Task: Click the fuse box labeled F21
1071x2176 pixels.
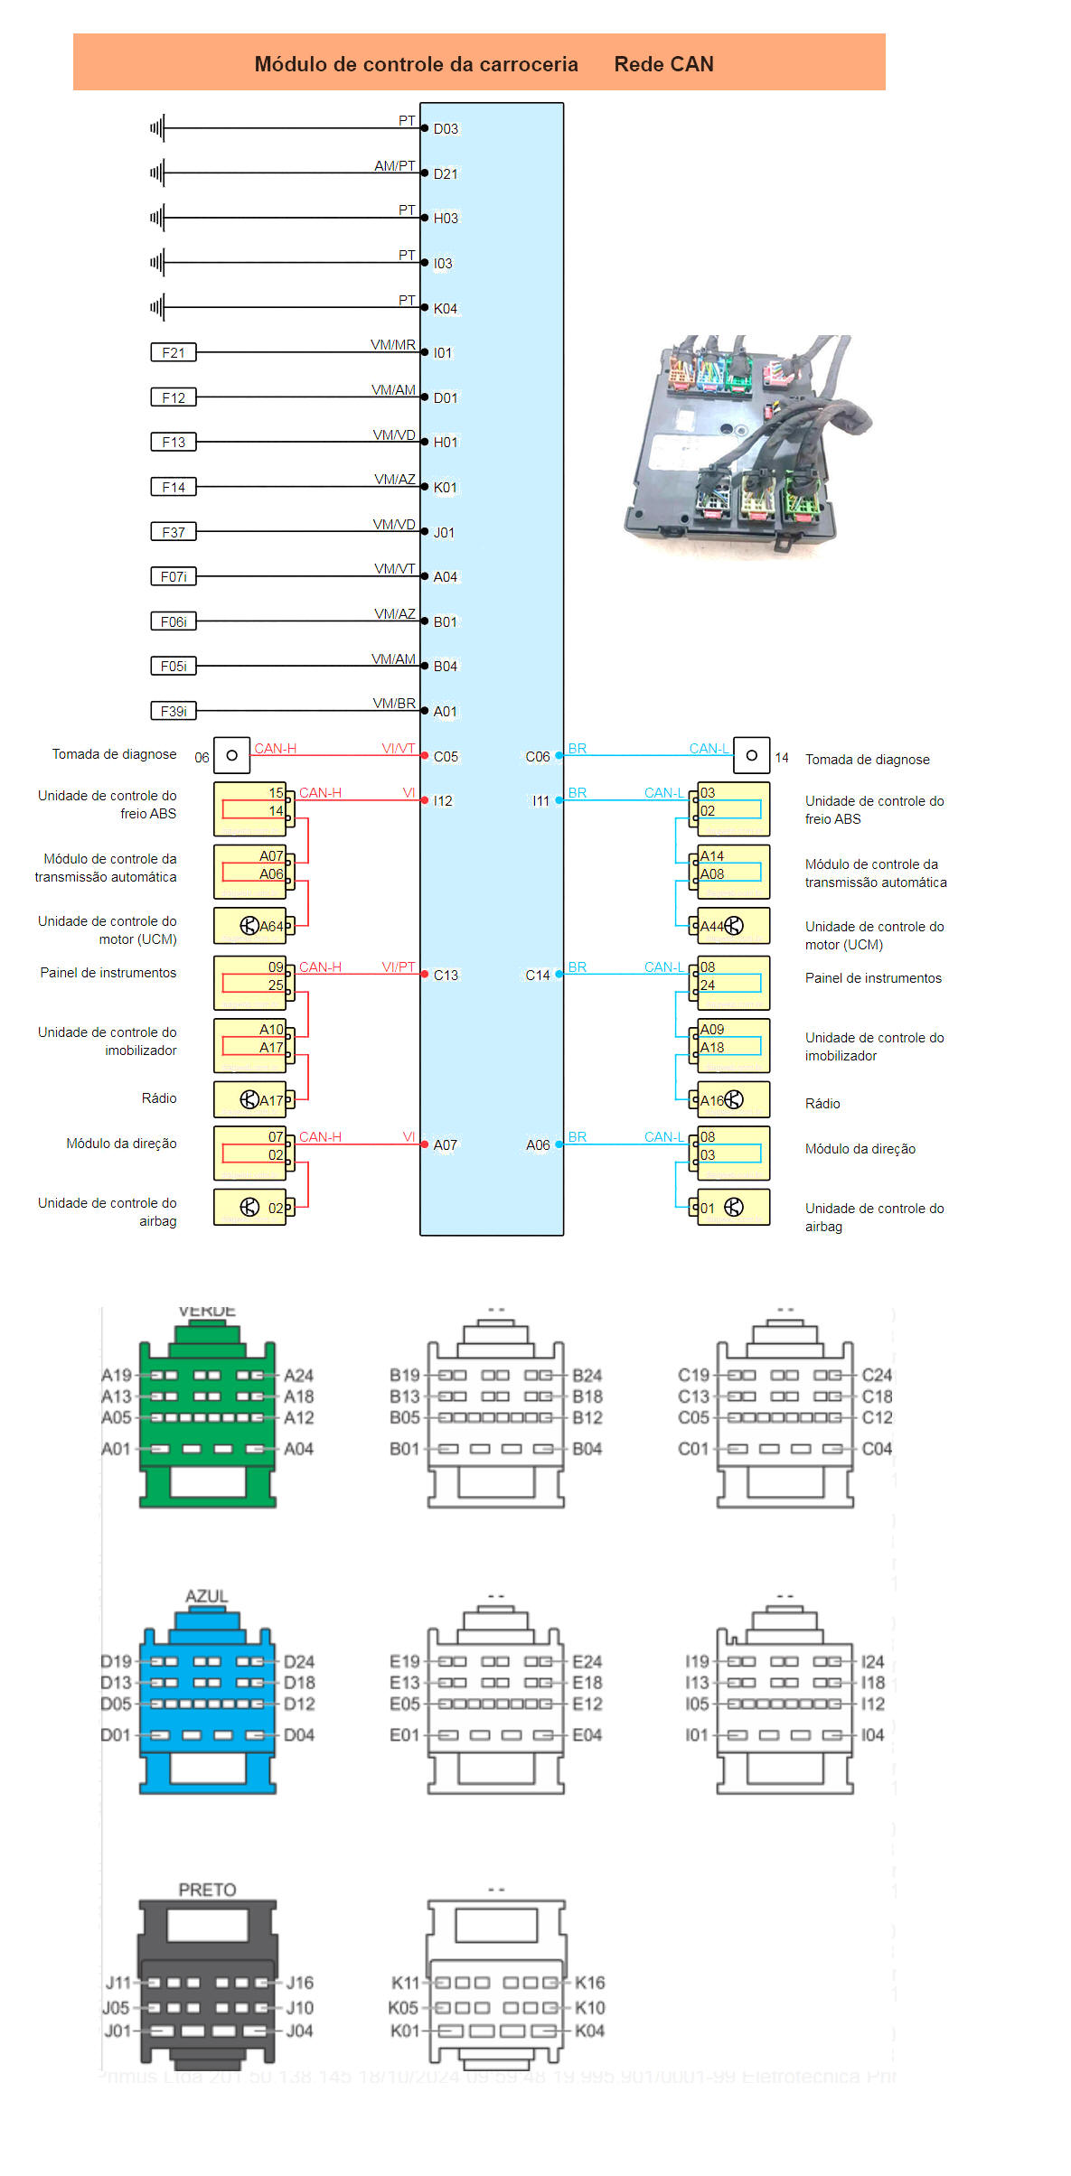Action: (x=173, y=352)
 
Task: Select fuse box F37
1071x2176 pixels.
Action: (x=173, y=532)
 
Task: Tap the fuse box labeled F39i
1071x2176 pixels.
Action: (x=173, y=711)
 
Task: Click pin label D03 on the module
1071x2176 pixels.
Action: (x=446, y=129)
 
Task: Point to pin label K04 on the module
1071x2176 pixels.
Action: (x=446, y=309)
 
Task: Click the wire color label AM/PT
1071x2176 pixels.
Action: (x=395, y=166)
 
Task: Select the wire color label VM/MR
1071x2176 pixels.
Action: (x=393, y=345)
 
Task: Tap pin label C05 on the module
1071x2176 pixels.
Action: (x=446, y=757)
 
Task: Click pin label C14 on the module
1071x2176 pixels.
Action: (x=537, y=976)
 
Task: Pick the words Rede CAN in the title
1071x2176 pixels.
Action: (x=663, y=64)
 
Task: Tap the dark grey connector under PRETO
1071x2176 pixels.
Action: (x=208, y=1983)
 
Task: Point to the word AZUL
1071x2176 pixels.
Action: (x=206, y=1596)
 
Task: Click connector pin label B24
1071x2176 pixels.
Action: (x=587, y=1376)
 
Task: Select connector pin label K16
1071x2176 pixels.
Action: (x=590, y=1983)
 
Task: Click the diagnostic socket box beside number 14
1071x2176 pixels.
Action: (x=751, y=756)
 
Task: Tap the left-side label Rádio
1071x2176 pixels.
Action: (x=159, y=1098)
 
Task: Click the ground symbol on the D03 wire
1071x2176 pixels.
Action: (x=157, y=128)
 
